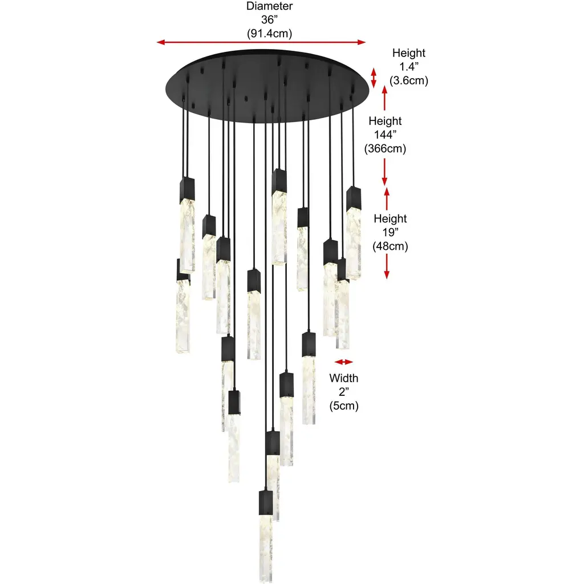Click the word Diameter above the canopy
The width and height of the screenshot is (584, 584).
click(x=269, y=6)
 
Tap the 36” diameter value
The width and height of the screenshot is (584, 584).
click(x=269, y=20)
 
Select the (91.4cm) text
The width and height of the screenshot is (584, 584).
click(x=269, y=34)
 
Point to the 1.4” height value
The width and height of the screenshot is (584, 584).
click(x=409, y=67)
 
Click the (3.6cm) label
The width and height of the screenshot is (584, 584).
click(x=409, y=80)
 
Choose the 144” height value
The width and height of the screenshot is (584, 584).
click(x=385, y=135)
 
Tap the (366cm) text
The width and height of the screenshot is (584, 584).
click(x=385, y=149)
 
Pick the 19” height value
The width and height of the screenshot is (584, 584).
click(x=390, y=233)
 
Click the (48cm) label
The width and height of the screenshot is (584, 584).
click(x=390, y=246)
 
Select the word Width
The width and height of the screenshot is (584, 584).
click(x=344, y=378)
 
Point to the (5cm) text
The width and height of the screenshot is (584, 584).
click(x=344, y=405)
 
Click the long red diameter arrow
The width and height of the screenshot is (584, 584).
click(x=261, y=42)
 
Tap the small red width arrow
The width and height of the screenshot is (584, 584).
click(x=343, y=362)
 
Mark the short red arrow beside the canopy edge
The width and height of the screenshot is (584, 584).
click(x=374, y=78)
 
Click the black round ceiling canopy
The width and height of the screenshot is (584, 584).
click(x=267, y=86)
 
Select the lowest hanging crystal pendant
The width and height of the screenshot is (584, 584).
click(x=266, y=536)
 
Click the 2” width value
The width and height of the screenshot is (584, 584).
click(x=344, y=392)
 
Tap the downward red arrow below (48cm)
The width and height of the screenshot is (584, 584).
click(x=387, y=266)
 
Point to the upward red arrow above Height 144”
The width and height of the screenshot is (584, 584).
click(x=385, y=98)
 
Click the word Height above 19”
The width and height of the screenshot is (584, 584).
click(x=390, y=218)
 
